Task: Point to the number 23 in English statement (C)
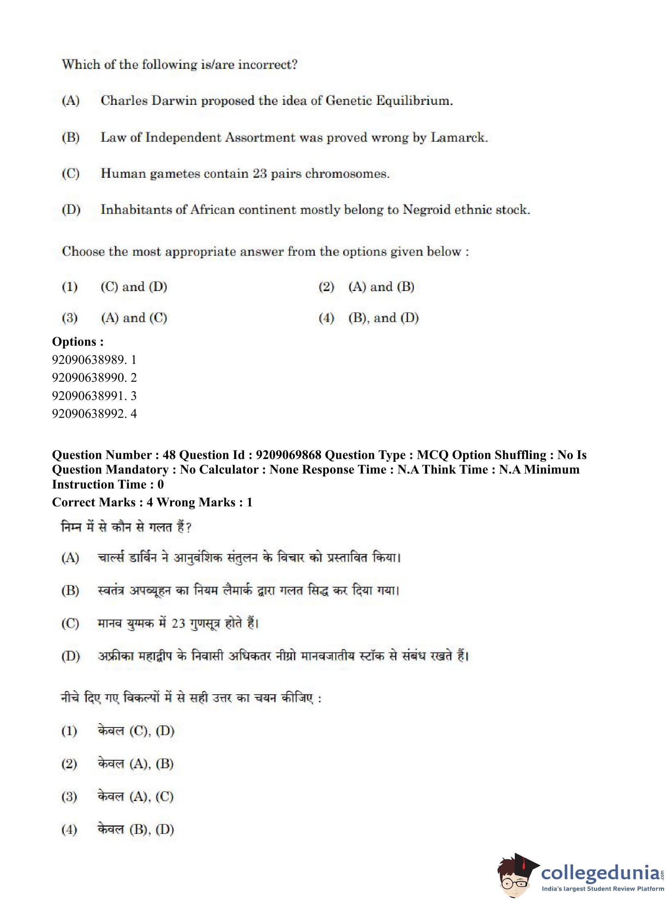click(260, 174)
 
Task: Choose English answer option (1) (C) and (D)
click(134, 287)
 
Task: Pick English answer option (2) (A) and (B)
click(381, 287)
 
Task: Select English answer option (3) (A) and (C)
click(134, 318)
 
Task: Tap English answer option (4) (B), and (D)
click(383, 318)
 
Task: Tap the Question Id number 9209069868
click(288, 455)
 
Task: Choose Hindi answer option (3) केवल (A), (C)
click(135, 797)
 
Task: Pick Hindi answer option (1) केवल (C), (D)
click(135, 731)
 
